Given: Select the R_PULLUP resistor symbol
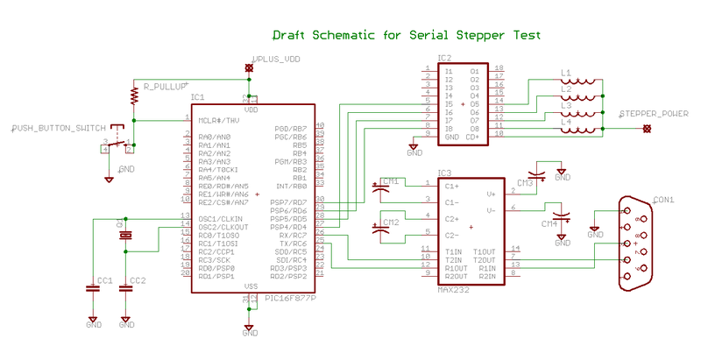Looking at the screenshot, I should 134,92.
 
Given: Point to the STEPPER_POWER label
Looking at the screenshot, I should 654,114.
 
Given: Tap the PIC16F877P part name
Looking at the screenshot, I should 289,298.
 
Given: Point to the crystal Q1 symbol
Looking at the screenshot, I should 125,235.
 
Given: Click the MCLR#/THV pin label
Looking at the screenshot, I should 218,120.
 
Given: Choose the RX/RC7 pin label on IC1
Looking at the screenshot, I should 291,235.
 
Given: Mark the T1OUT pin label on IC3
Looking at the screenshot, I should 485,251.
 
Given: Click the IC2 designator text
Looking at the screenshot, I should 444,58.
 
